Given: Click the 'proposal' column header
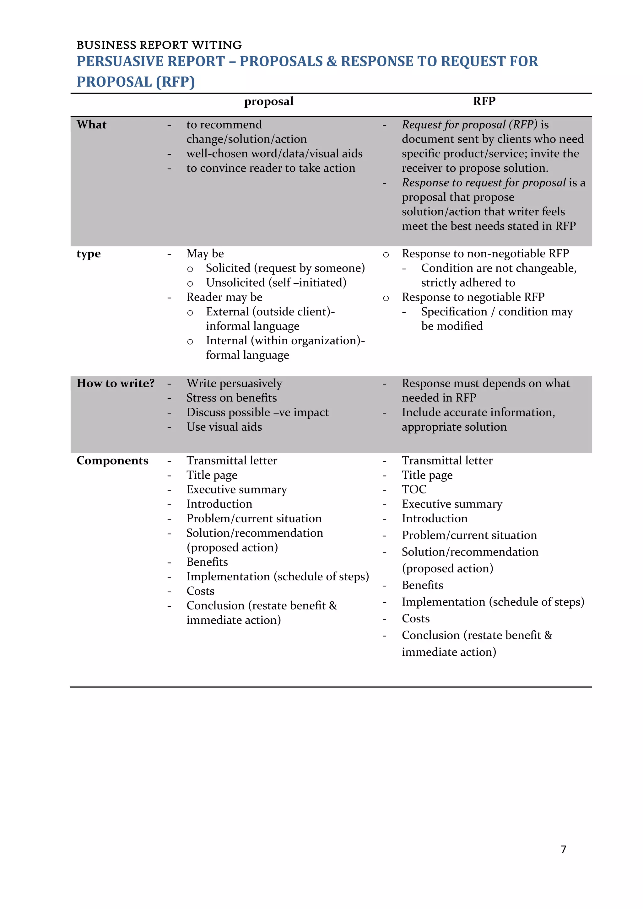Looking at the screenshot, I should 268,101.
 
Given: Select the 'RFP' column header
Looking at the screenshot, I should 484,101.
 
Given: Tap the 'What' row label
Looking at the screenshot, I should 91,125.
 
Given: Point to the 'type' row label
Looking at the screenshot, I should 89,254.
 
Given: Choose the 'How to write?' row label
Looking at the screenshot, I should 116,383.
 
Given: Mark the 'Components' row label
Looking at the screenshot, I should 112,460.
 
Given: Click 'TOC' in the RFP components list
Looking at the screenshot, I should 414,489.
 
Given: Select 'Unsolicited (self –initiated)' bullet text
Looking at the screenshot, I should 276,283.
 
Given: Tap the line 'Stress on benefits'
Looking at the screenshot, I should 232,398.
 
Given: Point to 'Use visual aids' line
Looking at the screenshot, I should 224,427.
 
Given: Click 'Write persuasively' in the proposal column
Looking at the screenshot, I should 235,383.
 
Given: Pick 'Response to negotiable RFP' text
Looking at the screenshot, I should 473,297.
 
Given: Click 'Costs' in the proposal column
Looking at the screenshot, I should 200,591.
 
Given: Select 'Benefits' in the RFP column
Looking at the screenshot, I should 423,585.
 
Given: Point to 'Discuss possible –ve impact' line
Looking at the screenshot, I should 257,412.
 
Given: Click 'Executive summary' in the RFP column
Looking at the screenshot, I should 452,504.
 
